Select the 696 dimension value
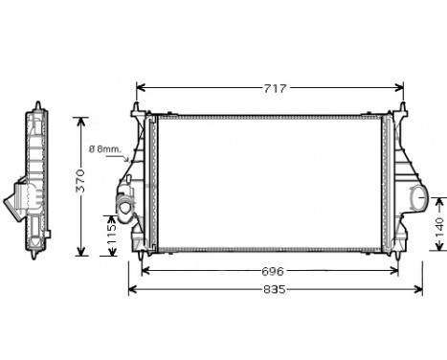pyautogui.click(x=274, y=272)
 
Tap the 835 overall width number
pyautogui.click(x=274, y=288)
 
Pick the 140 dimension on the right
pyautogui.click(x=439, y=227)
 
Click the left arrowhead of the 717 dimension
pyautogui.click(x=141, y=89)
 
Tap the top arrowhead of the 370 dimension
pyautogui.click(x=82, y=119)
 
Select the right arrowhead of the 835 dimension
pyautogui.click(x=421, y=288)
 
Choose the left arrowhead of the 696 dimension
pyautogui.click(x=145, y=272)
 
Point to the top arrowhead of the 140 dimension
pyautogui.click(x=439, y=199)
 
